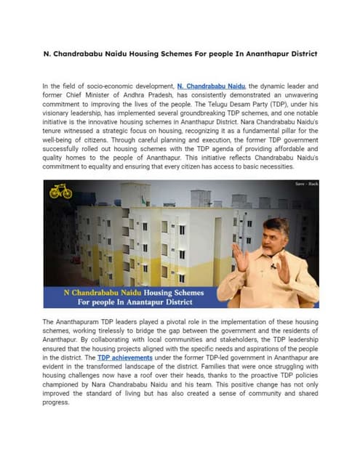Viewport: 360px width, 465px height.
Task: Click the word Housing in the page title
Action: point(145,54)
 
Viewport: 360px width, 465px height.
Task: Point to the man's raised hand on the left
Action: point(239,256)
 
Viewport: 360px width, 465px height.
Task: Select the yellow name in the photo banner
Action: point(105,293)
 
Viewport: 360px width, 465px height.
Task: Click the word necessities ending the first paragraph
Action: point(275,166)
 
